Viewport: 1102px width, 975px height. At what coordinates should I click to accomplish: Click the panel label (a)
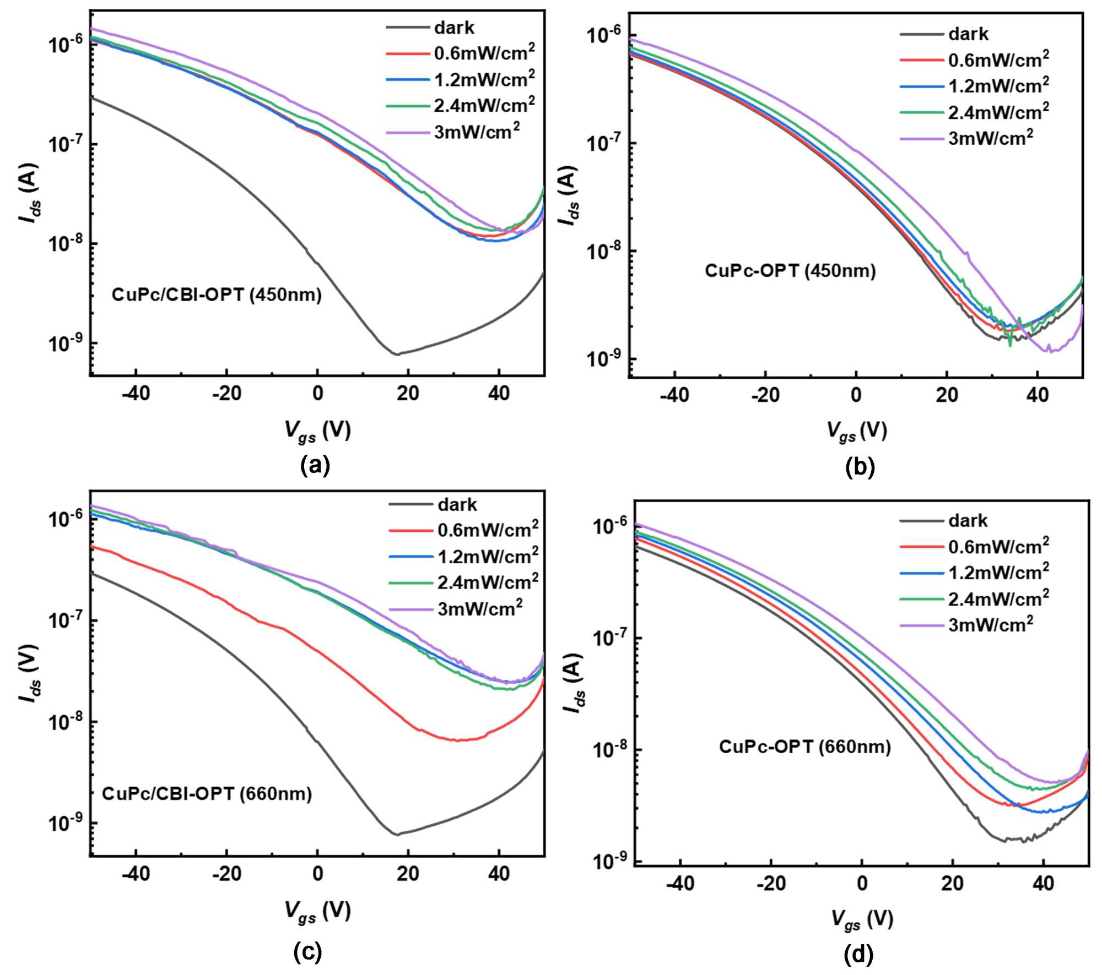pos(315,466)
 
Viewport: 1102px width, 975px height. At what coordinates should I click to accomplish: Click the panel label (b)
pos(860,467)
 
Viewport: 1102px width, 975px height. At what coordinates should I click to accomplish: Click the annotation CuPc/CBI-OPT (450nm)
pos(217,295)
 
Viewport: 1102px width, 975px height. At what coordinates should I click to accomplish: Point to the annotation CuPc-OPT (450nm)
pos(790,271)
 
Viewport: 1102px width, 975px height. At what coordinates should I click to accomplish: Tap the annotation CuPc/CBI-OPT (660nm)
pos(207,794)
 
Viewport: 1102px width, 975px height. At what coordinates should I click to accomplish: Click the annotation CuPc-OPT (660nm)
pos(804,747)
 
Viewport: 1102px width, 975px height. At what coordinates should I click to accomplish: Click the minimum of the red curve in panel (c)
pos(457,740)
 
